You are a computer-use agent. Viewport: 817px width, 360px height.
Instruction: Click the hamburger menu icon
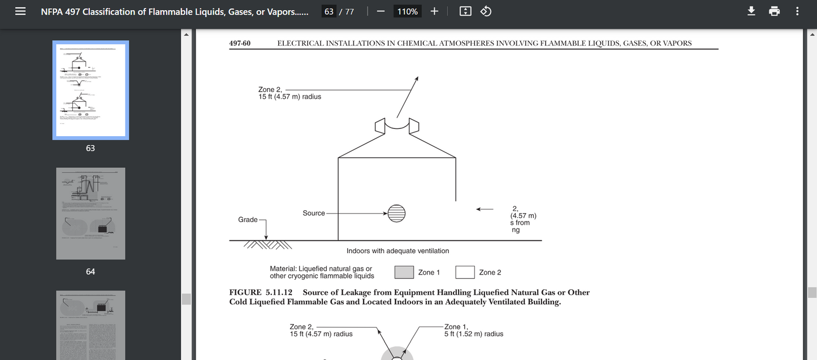tap(20, 11)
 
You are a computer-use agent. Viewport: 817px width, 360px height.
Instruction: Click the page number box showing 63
tap(328, 11)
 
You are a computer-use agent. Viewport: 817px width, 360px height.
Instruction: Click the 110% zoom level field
tap(407, 11)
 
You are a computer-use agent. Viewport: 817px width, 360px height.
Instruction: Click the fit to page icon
tap(465, 11)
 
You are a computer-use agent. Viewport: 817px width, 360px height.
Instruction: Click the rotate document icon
tap(486, 11)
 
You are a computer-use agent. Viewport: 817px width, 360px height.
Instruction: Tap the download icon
tap(751, 11)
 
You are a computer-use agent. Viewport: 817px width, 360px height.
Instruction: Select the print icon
tap(775, 11)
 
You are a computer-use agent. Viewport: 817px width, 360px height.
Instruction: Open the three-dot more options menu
tap(797, 11)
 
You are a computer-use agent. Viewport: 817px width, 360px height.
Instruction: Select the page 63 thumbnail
tap(90, 90)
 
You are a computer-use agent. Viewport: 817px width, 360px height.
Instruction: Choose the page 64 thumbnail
tap(90, 214)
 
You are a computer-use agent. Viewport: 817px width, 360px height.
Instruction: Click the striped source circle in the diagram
tap(396, 213)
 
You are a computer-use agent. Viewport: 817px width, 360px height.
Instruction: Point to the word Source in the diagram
tap(314, 213)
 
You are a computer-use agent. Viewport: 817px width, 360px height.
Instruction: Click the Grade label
tap(248, 219)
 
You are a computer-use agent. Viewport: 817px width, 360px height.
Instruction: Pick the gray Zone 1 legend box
tap(404, 272)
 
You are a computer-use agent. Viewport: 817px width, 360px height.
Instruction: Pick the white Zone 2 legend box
tap(465, 272)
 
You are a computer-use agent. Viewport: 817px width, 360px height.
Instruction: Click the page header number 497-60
tap(240, 43)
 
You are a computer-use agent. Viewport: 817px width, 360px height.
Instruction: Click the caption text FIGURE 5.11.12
tap(261, 292)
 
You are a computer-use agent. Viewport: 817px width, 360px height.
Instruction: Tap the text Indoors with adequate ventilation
tap(397, 251)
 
